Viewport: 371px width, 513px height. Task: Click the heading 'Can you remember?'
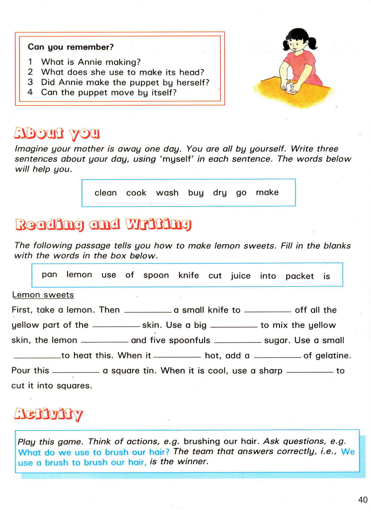click(x=71, y=47)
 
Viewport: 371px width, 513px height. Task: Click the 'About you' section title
click(x=57, y=133)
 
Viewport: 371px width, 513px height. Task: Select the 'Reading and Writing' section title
click(x=103, y=224)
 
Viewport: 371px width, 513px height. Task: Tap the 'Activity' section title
click(x=49, y=414)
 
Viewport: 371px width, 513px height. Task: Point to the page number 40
click(x=363, y=500)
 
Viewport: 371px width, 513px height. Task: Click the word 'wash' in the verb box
click(x=167, y=193)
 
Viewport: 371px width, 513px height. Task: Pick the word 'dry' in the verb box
click(x=220, y=193)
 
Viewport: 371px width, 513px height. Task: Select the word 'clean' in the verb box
click(x=105, y=193)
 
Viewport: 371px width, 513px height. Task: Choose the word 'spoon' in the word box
click(x=156, y=276)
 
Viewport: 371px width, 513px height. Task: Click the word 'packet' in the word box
click(x=299, y=276)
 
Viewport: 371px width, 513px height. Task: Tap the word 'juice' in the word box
click(x=241, y=276)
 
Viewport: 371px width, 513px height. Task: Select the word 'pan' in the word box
click(x=49, y=274)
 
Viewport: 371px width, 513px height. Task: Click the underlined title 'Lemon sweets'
click(x=43, y=295)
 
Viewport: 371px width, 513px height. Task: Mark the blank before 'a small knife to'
click(x=148, y=311)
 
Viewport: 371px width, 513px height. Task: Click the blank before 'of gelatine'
click(x=277, y=357)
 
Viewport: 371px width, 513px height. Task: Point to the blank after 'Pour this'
click(x=75, y=372)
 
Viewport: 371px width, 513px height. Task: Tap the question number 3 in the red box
click(x=30, y=82)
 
